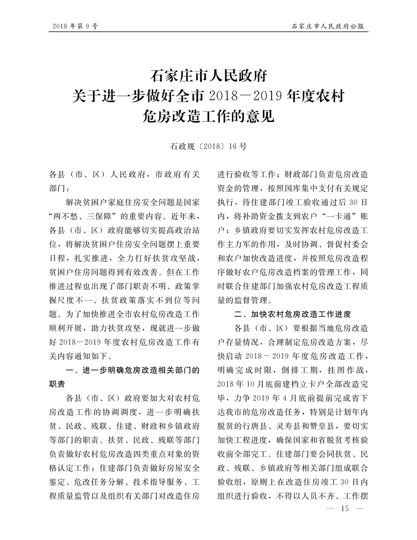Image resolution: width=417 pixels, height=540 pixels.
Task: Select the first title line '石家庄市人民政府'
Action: pos(208,77)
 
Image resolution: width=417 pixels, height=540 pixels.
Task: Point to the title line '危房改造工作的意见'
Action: pos(208,116)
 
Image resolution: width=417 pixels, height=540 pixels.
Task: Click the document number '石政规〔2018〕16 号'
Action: pos(208,146)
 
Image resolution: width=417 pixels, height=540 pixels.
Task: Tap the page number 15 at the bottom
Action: pos(344,508)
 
